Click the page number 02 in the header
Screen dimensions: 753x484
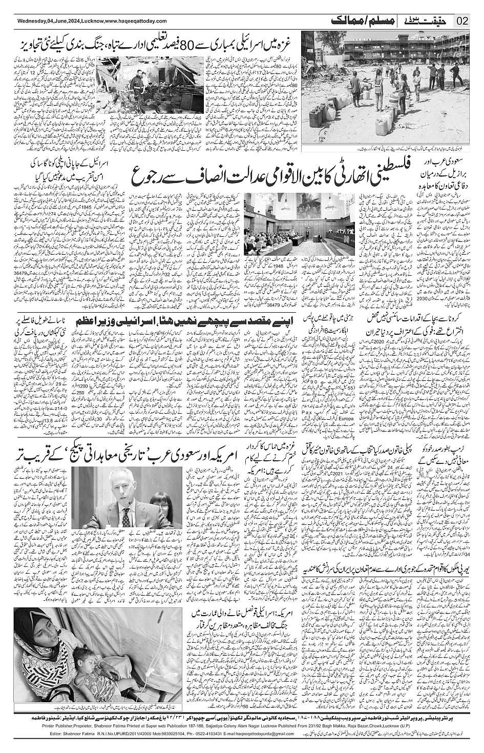462,21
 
